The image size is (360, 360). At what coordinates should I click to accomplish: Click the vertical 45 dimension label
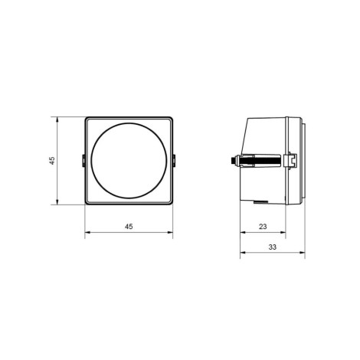pos(52,161)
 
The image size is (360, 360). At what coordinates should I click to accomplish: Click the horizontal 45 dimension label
pos(129,226)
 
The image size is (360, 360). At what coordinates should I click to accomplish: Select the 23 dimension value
pos(263,226)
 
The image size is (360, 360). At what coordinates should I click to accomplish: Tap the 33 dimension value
pos(273,247)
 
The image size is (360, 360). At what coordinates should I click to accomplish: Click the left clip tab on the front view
pos(83,161)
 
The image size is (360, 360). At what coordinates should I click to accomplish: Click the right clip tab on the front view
pos(174,161)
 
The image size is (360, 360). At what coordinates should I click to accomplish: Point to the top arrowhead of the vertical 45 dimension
pos(57,119)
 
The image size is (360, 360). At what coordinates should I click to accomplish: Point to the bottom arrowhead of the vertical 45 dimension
pos(57,201)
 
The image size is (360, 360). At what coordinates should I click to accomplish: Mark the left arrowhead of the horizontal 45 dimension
pos(88,232)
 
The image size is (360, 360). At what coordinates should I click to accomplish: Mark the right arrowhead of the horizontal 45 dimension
pos(170,232)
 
